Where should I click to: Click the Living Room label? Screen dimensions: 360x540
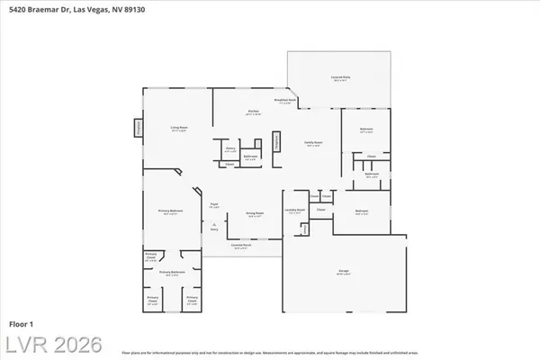178,130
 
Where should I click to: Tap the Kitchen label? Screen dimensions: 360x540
254,112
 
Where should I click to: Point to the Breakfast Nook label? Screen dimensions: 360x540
285,101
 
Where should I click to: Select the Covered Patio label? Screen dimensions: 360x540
340,78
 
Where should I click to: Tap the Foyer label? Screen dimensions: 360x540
214,206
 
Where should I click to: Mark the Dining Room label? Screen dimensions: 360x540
255,214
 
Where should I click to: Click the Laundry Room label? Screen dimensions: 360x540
294,212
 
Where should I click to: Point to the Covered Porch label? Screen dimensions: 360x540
241,246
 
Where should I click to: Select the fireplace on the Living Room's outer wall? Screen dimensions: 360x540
138,129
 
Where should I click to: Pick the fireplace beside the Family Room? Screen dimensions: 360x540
276,144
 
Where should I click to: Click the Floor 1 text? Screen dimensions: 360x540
20,322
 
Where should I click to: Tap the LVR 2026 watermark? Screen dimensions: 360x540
51,345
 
